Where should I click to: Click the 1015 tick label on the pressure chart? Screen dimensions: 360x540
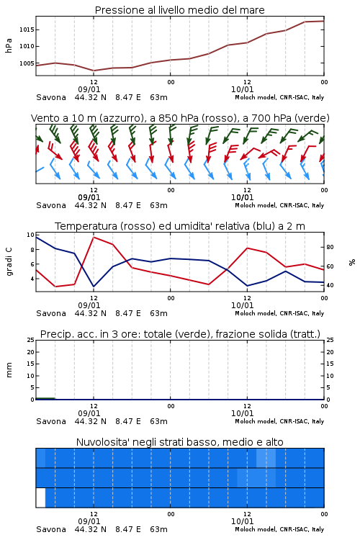[27, 30]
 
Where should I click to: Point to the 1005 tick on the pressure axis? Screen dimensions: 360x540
[27, 63]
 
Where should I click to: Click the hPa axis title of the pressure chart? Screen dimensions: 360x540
[9, 46]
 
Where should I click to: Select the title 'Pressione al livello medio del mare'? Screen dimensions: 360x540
[179, 10]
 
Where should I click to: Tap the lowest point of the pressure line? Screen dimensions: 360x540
[94, 71]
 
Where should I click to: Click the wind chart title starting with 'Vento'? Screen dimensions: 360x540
[180, 118]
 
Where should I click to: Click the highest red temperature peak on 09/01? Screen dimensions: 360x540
[94, 237]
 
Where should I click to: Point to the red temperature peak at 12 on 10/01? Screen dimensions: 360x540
[247, 248]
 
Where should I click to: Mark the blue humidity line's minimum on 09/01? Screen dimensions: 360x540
[94, 287]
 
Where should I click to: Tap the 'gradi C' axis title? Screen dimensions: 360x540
[9, 261]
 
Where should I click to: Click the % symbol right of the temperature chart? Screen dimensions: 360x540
[352, 262]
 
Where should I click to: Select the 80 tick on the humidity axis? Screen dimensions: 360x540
[330, 247]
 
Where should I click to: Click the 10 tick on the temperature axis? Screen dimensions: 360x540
[30, 235]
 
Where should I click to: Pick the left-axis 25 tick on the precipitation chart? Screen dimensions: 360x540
[30, 340]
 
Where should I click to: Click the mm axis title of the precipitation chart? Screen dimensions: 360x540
[9, 370]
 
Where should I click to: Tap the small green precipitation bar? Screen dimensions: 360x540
[45, 398]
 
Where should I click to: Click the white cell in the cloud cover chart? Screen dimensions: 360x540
[40, 498]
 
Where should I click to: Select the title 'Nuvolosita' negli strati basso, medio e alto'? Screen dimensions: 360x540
[179, 442]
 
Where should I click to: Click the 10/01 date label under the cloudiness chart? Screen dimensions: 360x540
[242, 521]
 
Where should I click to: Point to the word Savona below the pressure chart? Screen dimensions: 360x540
[51, 97]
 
